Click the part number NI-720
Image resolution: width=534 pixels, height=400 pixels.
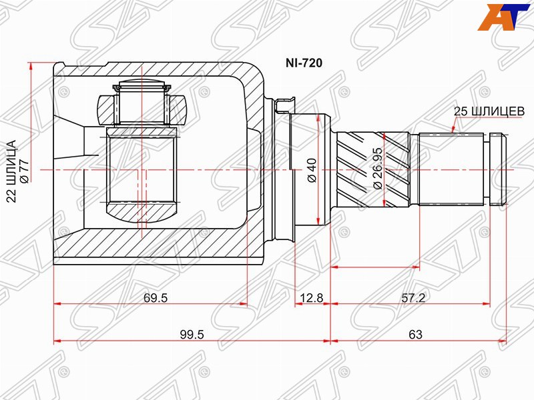(x=304, y=63)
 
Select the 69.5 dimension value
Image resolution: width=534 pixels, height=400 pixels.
(x=156, y=298)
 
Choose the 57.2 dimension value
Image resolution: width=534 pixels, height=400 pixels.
(x=413, y=298)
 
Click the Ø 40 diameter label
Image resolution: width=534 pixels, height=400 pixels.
(x=312, y=170)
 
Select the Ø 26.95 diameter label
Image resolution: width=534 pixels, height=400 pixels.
(x=378, y=169)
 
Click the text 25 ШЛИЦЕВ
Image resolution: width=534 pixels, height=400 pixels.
(x=489, y=111)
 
